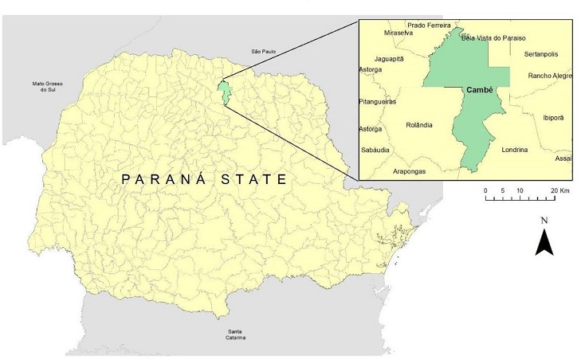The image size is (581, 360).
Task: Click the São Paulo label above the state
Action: click(263, 52)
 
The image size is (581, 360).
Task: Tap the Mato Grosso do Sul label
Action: click(47, 87)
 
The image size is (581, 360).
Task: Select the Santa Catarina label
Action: click(235, 335)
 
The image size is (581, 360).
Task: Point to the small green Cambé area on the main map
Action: click(226, 92)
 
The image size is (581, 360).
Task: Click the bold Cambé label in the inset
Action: click(477, 90)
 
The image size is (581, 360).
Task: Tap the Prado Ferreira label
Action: click(430, 25)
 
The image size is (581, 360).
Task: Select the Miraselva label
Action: click(398, 34)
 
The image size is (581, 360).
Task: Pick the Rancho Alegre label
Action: click(550, 76)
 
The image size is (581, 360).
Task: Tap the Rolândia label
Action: click(418, 125)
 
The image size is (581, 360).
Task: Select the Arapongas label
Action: click(414, 171)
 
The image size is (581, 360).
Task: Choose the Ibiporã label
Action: click(553, 117)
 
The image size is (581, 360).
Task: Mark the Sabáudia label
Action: click(379, 150)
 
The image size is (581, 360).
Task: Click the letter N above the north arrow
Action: click(544, 220)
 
